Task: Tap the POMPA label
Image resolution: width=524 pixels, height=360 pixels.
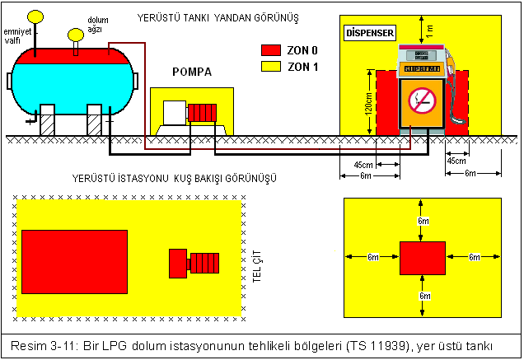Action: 191,72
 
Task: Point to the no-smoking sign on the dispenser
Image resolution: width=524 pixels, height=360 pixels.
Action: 423,101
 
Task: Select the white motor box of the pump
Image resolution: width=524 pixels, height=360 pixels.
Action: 175,112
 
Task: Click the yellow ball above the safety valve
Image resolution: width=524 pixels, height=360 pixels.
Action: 35,16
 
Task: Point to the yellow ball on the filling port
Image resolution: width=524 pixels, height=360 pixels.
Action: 76,34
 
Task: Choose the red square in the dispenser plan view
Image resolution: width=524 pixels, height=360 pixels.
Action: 423,258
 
